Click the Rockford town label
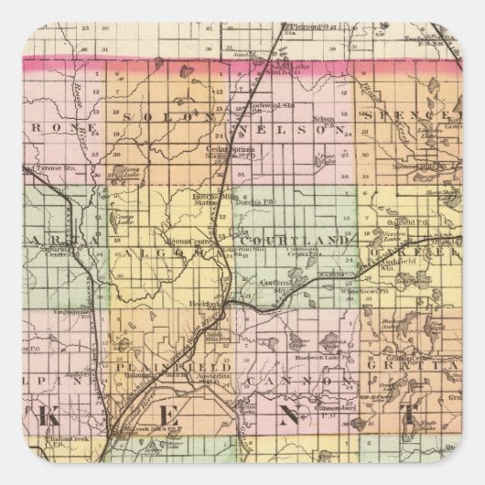point(219,299)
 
